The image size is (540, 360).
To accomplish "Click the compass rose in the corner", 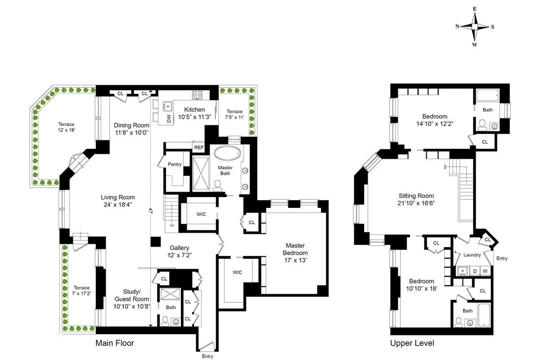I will [475, 27].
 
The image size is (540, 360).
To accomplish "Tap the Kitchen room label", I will [194, 110].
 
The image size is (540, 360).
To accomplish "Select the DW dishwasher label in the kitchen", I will [156, 119].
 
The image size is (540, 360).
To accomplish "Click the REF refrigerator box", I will [198, 147].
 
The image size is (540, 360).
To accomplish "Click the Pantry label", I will [174, 164].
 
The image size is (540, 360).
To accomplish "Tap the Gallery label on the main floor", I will [179, 248].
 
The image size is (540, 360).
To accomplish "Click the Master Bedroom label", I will [295, 249].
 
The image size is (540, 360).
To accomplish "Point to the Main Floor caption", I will [115, 343].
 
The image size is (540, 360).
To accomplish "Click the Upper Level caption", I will [412, 343].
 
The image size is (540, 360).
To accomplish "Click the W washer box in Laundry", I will [485, 271].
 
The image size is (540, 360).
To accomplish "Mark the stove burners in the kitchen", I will [197, 94].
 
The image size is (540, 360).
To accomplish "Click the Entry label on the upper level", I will [502, 258].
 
